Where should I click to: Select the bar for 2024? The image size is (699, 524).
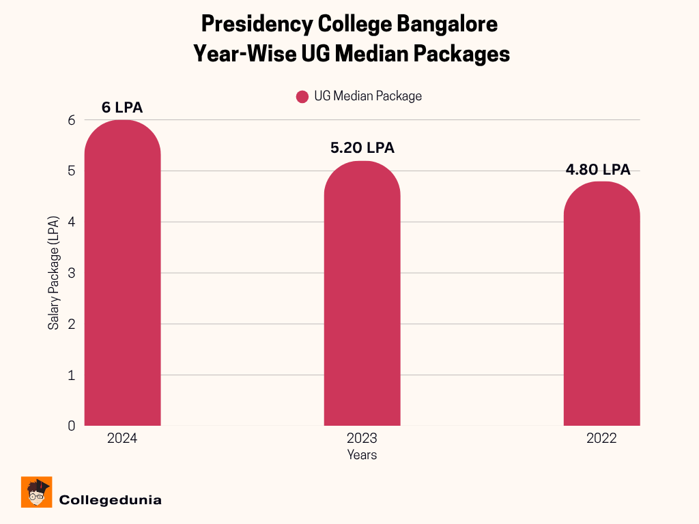pos(122,273)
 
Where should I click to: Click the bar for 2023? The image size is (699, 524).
pos(362,293)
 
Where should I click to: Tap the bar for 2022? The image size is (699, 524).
pos(601,304)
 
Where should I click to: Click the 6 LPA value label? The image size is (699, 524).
pos(122,108)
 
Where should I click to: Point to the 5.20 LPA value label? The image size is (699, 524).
pos(362,148)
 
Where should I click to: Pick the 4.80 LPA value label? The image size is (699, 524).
pos(598,170)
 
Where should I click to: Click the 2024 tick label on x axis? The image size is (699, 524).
pos(122,438)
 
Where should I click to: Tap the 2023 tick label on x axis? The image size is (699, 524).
pos(362,438)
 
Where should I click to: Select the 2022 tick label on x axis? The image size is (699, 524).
pos(601,438)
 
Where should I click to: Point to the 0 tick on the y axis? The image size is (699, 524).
pos(71,426)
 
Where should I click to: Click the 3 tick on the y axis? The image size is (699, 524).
pos(71,273)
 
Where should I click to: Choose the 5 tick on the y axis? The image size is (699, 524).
pos(71,171)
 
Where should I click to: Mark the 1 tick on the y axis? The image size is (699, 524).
pos(71,375)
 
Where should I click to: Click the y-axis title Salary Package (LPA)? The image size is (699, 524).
pos(53,273)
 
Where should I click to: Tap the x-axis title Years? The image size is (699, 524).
pos(362,454)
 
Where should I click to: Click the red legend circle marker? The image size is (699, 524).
pos(302,97)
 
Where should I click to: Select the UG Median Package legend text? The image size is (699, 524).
pos(368,96)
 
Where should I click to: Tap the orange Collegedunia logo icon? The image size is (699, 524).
pos(37,492)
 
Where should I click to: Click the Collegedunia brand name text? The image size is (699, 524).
pos(111,500)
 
